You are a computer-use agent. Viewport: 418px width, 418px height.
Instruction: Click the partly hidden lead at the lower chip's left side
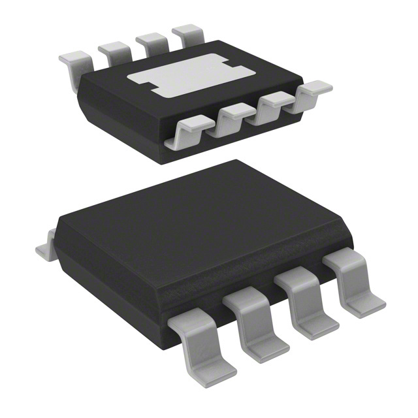pos(44,249)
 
